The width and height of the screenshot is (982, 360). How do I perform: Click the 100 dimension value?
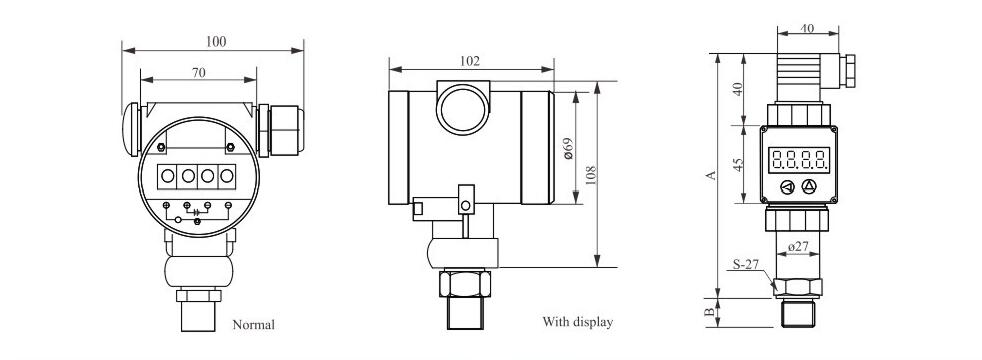click(216, 42)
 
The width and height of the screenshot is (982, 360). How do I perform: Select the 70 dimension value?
click(199, 73)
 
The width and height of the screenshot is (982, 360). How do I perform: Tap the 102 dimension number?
click(470, 61)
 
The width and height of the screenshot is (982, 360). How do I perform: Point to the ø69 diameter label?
click(569, 148)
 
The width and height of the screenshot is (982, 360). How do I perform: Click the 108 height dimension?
click(590, 175)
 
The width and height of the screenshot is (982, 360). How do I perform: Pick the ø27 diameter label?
click(798, 247)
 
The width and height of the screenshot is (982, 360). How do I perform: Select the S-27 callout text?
click(746, 264)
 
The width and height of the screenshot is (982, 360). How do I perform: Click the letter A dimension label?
click(711, 175)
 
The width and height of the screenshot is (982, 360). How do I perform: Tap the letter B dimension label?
click(710, 312)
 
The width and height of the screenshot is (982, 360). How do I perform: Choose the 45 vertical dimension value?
click(738, 164)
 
